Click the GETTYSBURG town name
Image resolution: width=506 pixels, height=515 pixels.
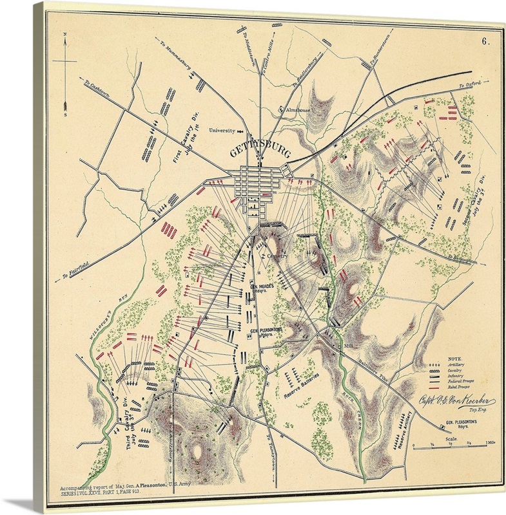(x=259, y=151)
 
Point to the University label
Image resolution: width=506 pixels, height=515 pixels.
(x=222, y=130)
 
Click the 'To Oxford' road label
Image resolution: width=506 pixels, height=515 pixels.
(x=470, y=84)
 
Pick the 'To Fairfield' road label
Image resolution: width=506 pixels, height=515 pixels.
(x=75, y=270)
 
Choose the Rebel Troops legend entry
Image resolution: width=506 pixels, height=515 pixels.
(x=460, y=388)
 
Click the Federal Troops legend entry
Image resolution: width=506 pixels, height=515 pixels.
(x=461, y=382)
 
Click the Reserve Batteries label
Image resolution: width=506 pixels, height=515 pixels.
(x=298, y=385)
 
